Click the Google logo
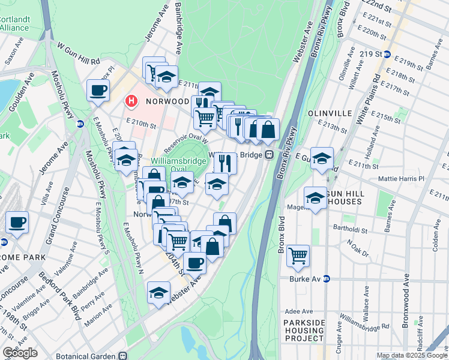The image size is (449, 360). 20,353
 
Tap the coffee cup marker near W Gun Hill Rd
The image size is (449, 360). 98,91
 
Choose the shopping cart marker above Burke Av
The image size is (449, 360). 298,256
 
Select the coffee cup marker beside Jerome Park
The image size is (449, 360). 17,223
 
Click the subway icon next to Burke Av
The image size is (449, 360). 327,279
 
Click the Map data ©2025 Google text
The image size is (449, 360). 412,355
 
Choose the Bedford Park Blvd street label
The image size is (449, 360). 71,304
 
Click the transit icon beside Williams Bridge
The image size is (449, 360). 270,155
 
